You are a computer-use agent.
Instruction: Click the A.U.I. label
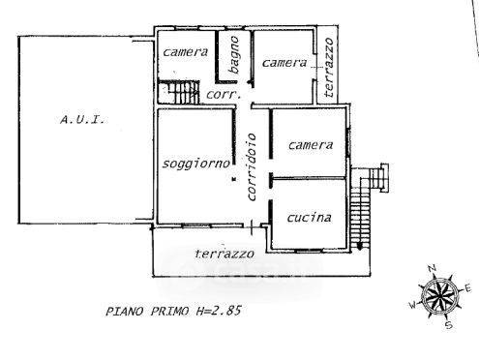coord(82,120)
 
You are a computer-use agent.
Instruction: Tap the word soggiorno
coord(196,164)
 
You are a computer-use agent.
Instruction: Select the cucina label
coord(309,218)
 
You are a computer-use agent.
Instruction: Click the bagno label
coord(234,54)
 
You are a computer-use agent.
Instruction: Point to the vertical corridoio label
coord(252,167)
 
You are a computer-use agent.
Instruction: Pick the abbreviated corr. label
coord(224,95)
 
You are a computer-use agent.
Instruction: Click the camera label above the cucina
coord(311,145)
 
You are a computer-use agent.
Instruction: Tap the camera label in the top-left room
coord(185,52)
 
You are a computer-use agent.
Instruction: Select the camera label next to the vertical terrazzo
coord(284,63)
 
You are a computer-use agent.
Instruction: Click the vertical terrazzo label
coord(329,68)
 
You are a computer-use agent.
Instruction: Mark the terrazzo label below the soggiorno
coord(225,254)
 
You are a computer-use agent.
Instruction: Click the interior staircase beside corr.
coord(179,92)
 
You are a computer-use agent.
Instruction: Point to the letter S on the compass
coord(449,325)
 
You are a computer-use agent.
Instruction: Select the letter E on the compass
coord(467,288)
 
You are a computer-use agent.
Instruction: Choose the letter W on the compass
coord(413,305)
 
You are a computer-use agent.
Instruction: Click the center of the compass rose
coord(439,296)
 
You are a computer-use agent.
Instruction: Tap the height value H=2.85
coord(219,311)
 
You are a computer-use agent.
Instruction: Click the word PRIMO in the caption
coord(169,312)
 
